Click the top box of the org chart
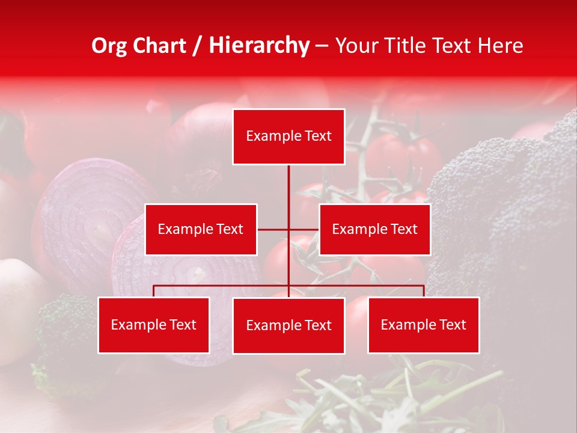coord(288,137)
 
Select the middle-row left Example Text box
coord(201,229)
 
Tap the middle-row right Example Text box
coord(374,229)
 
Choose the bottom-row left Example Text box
coord(154,325)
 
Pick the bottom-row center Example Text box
coord(288,325)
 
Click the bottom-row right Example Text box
coord(423,325)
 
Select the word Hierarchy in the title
coord(258,46)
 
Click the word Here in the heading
coord(500,46)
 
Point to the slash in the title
coord(197,46)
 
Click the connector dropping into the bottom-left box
coord(154,291)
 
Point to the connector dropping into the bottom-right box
coord(424,291)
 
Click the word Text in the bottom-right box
coord(452,325)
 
